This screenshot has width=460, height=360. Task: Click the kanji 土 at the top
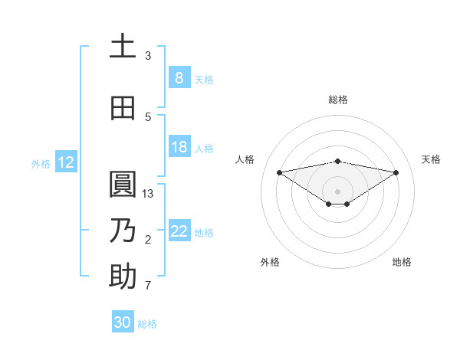click(x=123, y=47)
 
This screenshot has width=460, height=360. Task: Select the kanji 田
click(x=123, y=108)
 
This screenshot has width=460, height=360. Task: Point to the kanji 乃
click(x=123, y=231)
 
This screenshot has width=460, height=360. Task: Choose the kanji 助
click(x=123, y=277)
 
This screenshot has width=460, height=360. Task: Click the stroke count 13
click(x=149, y=194)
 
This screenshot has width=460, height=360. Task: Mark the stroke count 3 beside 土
click(x=148, y=56)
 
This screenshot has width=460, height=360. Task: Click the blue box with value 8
click(x=179, y=78)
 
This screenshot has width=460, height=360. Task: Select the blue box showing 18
click(x=179, y=147)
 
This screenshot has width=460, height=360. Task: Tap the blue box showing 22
click(x=179, y=231)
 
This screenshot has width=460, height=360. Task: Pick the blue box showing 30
click(x=123, y=322)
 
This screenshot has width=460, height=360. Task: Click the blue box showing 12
click(x=65, y=162)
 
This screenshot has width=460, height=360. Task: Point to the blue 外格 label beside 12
click(x=40, y=163)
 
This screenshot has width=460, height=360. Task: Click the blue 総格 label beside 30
click(x=147, y=324)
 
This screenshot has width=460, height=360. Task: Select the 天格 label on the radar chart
click(x=431, y=159)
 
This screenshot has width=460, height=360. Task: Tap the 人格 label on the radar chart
click(x=245, y=159)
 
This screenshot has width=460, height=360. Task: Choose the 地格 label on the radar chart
click(x=402, y=262)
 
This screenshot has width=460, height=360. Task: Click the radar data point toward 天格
click(x=396, y=172)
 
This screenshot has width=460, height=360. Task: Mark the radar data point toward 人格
click(x=279, y=172)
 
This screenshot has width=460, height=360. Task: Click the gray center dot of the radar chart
click(x=337, y=191)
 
